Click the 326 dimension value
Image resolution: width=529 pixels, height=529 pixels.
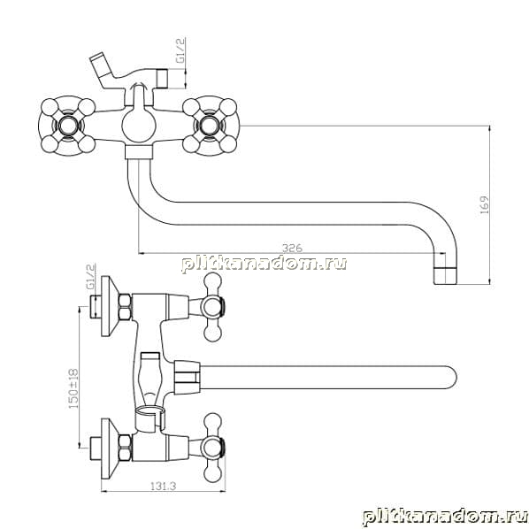pos(292,248)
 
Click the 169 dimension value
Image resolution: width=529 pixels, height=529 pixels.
pos(484,204)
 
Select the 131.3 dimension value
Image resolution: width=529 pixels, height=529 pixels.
pos(164,486)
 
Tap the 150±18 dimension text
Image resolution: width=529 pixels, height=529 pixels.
pos(73,388)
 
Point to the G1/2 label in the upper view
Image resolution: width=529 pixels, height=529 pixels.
pos(180,50)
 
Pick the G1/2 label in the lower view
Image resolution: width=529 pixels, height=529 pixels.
pos(91,276)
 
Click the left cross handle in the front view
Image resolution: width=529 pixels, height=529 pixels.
pos(67,126)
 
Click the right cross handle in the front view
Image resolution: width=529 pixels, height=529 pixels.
pos(211,126)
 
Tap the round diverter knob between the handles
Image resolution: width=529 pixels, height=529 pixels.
pos(139,125)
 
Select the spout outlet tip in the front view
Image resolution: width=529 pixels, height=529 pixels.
pos(445,276)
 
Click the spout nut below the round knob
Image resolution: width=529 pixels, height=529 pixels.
pos(139,152)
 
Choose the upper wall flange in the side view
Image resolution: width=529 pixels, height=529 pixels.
pos(110,306)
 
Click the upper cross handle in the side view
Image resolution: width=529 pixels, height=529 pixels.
pos(213,307)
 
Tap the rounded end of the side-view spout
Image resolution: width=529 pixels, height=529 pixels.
pos(451,377)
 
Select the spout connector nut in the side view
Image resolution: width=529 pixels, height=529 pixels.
pos(187,378)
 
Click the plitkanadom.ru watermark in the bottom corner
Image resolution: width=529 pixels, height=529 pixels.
pos(445,517)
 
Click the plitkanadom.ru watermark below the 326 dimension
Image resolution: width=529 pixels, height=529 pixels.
pos(264,264)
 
